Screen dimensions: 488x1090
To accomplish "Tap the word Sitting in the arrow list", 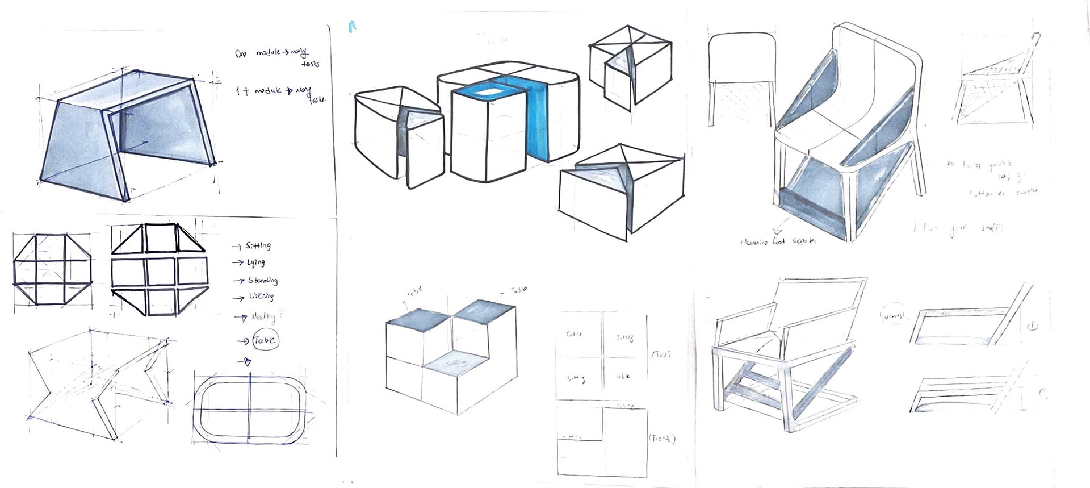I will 258,246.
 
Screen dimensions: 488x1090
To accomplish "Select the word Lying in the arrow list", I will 256,262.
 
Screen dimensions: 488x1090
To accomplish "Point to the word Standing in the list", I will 263,281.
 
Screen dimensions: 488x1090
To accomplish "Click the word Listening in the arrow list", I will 261,297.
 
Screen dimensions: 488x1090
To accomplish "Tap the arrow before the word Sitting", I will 237,247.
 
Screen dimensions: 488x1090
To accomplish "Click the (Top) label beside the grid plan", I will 660,354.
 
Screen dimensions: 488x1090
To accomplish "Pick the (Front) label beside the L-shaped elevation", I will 661,439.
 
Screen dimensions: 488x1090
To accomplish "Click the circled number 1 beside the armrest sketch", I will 1032,326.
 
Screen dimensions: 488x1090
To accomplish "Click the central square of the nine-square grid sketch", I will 161,273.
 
